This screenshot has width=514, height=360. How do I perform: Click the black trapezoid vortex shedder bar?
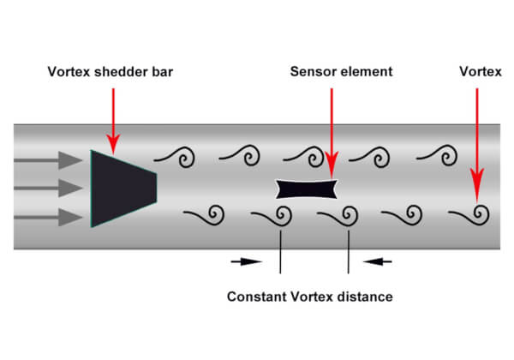[x=122, y=189]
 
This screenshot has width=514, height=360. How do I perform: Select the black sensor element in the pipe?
[x=307, y=189]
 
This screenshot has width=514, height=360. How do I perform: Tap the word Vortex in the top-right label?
[x=481, y=71]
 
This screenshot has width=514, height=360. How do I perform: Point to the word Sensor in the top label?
[x=312, y=71]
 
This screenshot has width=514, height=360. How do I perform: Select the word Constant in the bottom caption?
[x=256, y=297]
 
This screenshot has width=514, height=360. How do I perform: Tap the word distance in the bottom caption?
[x=365, y=297]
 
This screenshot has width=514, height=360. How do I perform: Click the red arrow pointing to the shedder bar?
[x=113, y=121]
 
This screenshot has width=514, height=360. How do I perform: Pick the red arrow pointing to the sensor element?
[x=332, y=133]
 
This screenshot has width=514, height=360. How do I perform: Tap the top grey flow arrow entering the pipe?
[x=48, y=160]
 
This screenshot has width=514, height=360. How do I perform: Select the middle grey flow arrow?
[x=48, y=189]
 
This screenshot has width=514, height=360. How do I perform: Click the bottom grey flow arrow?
[x=48, y=217]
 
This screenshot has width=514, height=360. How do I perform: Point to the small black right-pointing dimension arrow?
[x=246, y=261]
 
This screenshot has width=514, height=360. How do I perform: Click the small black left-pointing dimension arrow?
[x=377, y=261]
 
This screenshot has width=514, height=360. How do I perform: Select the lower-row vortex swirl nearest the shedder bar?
[x=218, y=223]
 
